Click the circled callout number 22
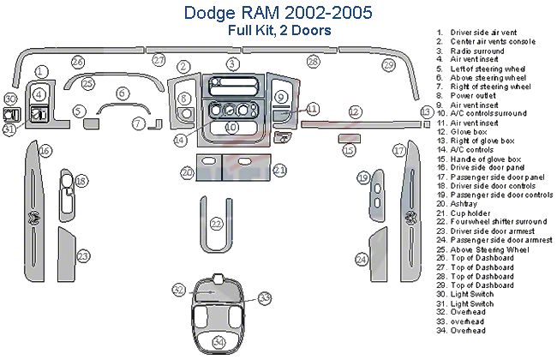217,224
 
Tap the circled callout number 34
219,342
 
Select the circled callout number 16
45,151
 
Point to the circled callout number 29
388,65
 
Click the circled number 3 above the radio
232,64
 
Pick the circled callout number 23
83,255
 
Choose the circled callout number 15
348,151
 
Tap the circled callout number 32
178,290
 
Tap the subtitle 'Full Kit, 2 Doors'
280,30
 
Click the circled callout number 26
78,62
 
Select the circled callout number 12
354,111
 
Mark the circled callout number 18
81,181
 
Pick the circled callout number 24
362,259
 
